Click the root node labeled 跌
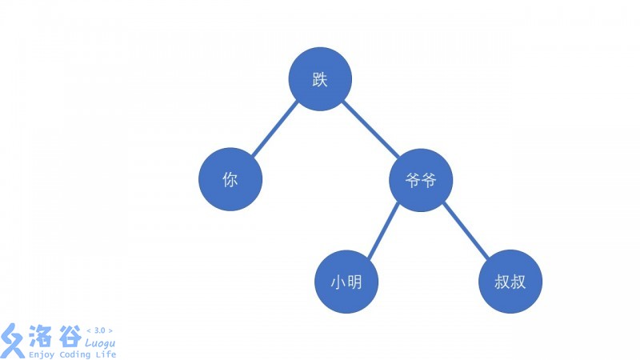320,79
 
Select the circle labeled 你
230,180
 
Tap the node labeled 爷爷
421,180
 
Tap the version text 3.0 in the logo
99,330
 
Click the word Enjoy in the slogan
41,354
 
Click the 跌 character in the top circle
320,79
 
